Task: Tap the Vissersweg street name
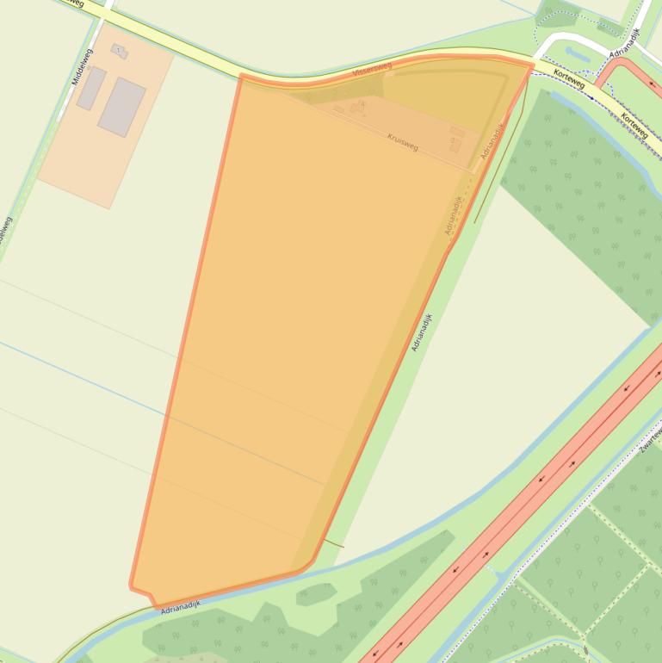point(372,67)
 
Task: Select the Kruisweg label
point(403,141)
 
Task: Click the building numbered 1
point(118,52)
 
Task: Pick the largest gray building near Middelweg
point(121,107)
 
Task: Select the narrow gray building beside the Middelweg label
point(90,89)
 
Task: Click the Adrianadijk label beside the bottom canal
point(180,606)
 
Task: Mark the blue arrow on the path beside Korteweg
point(591,96)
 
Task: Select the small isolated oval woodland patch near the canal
point(316,593)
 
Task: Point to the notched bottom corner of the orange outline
point(144,594)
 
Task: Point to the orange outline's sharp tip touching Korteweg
point(532,63)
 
